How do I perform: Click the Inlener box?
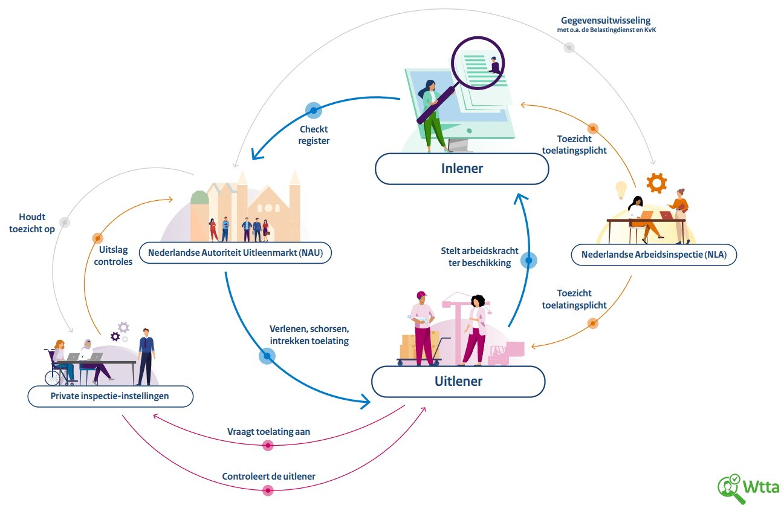pyautogui.click(x=462, y=168)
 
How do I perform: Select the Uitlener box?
pyautogui.click(x=458, y=381)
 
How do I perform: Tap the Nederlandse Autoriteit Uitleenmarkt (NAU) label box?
pyautogui.click(x=235, y=253)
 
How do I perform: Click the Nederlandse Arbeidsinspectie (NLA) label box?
pyautogui.click(x=654, y=255)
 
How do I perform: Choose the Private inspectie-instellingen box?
pyautogui.click(x=110, y=397)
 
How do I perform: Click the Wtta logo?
pyautogui.click(x=748, y=487)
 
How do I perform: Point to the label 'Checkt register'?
pyautogui.click(x=314, y=135)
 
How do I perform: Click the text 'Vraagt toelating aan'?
pyautogui.click(x=268, y=432)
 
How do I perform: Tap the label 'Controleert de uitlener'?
pyautogui.click(x=268, y=476)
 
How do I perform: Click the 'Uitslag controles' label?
pyautogui.click(x=114, y=256)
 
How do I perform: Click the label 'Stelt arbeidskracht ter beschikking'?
pyautogui.click(x=479, y=256)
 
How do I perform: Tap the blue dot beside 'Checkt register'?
pyautogui.click(x=313, y=109)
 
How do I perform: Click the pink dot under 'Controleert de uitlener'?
pyautogui.click(x=268, y=490)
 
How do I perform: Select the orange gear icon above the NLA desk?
pyautogui.click(x=656, y=183)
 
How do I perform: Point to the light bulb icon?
pyautogui.click(x=621, y=189)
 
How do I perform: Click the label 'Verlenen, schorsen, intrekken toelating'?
pyautogui.click(x=309, y=335)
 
